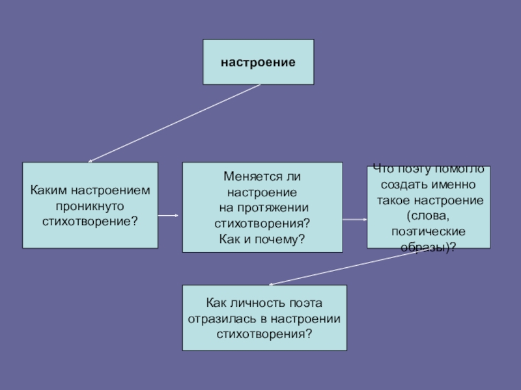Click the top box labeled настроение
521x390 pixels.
click(258, 62)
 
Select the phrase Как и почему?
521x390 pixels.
click(262, 239)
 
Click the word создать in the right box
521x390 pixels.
click(401, 184)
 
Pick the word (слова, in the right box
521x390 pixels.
click(427, 215)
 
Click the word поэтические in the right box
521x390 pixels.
click(427, 231)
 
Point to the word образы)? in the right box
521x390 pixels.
click(427, 246)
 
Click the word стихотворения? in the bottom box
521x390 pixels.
click(264, 334)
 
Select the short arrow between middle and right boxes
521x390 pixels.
click(355, 220)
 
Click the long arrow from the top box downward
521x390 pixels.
click(174, 123)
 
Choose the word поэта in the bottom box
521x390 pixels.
click(305, 304)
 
